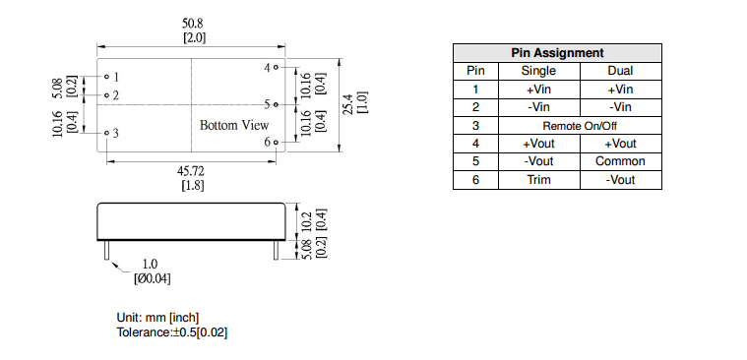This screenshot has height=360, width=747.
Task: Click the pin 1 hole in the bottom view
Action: (x=106, y=76)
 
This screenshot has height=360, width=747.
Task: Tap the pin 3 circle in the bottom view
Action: (x=106, y=133)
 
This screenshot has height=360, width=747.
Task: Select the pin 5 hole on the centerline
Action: (x=277, y=104)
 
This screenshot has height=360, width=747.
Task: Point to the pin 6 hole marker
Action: (x=277, y=142)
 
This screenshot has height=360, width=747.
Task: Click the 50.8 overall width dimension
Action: (x=194, y=24)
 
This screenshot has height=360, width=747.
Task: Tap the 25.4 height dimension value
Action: (x=350, y=104)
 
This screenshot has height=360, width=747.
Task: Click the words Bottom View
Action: (x=234, y=126)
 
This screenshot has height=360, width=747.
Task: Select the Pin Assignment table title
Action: (x=557, y=53)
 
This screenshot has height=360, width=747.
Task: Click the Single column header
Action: (x=538, y=71)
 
